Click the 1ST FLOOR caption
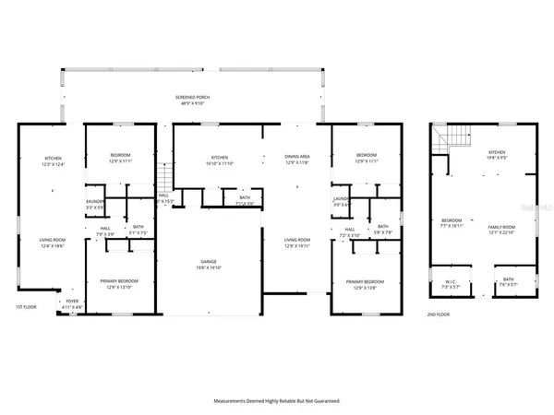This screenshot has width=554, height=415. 25,306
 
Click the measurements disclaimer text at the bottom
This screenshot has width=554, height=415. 277,401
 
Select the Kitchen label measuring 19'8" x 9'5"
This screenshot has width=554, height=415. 497,154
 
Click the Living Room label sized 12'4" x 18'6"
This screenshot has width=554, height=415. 52,243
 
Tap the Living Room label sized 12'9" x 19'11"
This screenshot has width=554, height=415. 296,243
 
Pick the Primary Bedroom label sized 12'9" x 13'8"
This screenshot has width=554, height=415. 365,284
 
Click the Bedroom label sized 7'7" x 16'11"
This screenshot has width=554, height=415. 451,224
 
